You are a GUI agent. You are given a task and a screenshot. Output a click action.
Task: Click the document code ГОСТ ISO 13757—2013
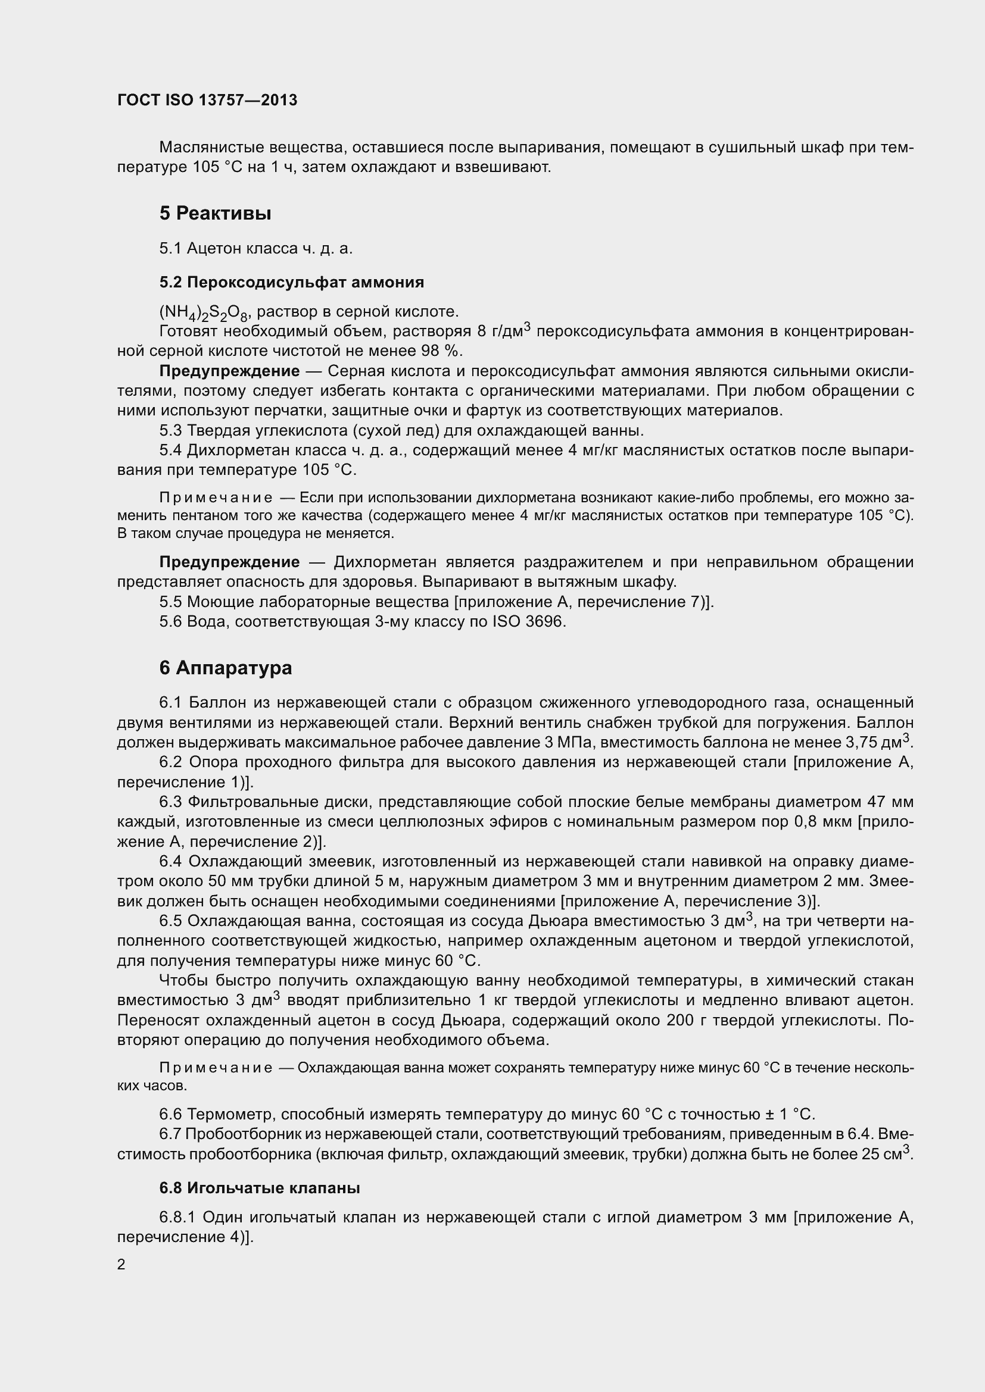(207, 100)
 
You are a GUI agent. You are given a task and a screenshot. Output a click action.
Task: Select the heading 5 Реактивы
(215, 214)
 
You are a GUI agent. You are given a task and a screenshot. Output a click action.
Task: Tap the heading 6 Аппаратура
(226, 668)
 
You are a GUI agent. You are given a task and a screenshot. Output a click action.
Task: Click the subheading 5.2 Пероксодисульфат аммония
(291, 282)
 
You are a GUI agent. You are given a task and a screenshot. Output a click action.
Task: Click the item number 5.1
(170, 248)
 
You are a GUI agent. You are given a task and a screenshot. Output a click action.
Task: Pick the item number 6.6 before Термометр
(170, 1114)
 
